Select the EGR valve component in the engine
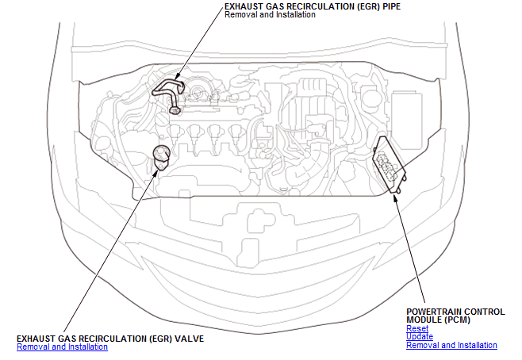coord(162,157)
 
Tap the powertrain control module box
coord(389,164)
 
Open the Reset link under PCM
coord(417,328)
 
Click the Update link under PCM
coord(420,336)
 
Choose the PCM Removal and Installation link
coord(451,345)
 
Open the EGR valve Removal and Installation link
coord(62,347)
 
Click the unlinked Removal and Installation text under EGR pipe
coord(270,14)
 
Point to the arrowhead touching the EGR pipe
coord(176,78)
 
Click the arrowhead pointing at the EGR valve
coord(155,173)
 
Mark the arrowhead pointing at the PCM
coord(394,197)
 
